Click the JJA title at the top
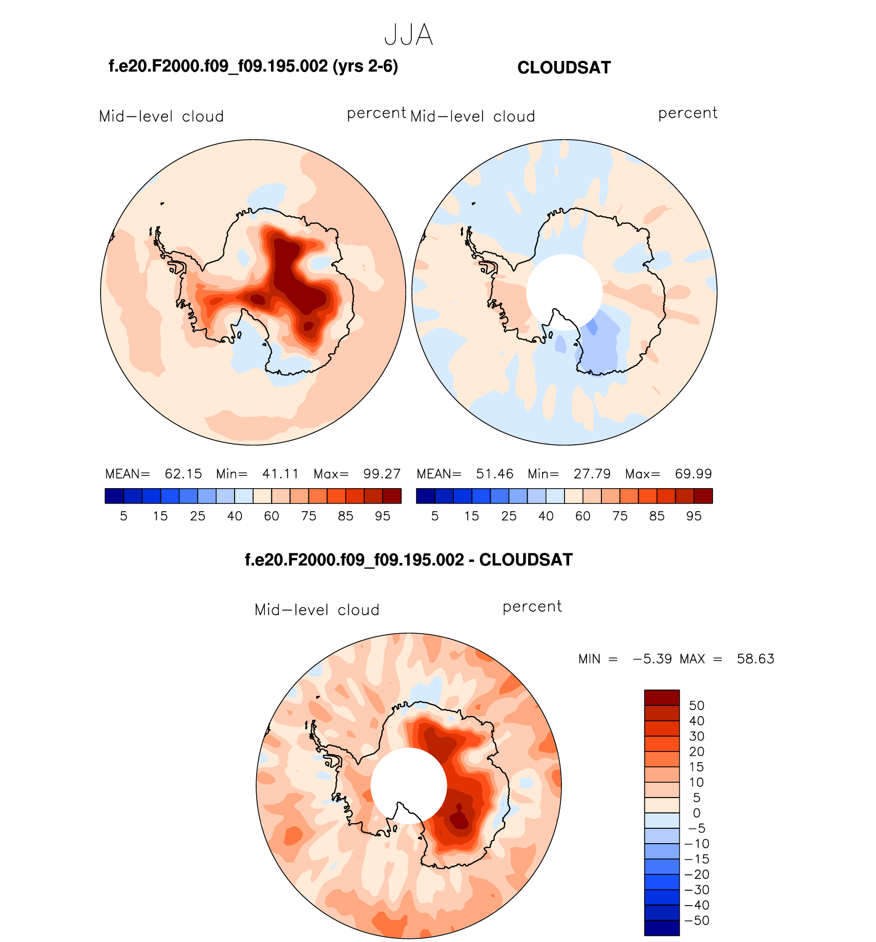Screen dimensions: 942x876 tap(408, 35)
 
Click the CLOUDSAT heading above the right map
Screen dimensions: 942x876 tap(564, 68)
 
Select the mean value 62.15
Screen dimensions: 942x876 tap(183, 474)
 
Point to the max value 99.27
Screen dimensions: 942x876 tap(382, 474)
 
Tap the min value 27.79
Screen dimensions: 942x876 tap(592, 474)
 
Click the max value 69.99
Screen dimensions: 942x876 tap(693, 474)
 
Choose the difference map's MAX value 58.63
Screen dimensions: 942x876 tap(755, 659)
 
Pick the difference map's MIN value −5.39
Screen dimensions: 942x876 tap(652, 659)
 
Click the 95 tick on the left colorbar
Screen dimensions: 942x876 tap(383, 516)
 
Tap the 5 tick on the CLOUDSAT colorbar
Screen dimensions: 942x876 tap(435, 516)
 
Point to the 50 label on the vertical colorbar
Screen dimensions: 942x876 tap(697, 705)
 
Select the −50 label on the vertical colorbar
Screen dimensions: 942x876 tap(697, 920)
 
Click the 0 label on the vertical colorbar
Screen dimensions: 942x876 tap(697, 813)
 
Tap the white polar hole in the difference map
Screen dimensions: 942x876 tap(408, 785)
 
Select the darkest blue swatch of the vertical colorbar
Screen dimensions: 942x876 tap(662, 928)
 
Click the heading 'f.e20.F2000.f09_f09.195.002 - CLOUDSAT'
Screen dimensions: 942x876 tap(408, 560)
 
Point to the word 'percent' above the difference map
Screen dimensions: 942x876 tap(532, 607)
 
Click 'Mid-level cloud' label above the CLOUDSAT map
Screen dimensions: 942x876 tap(472, 116)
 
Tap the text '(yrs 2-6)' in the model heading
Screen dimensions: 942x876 tap(365, 66)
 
